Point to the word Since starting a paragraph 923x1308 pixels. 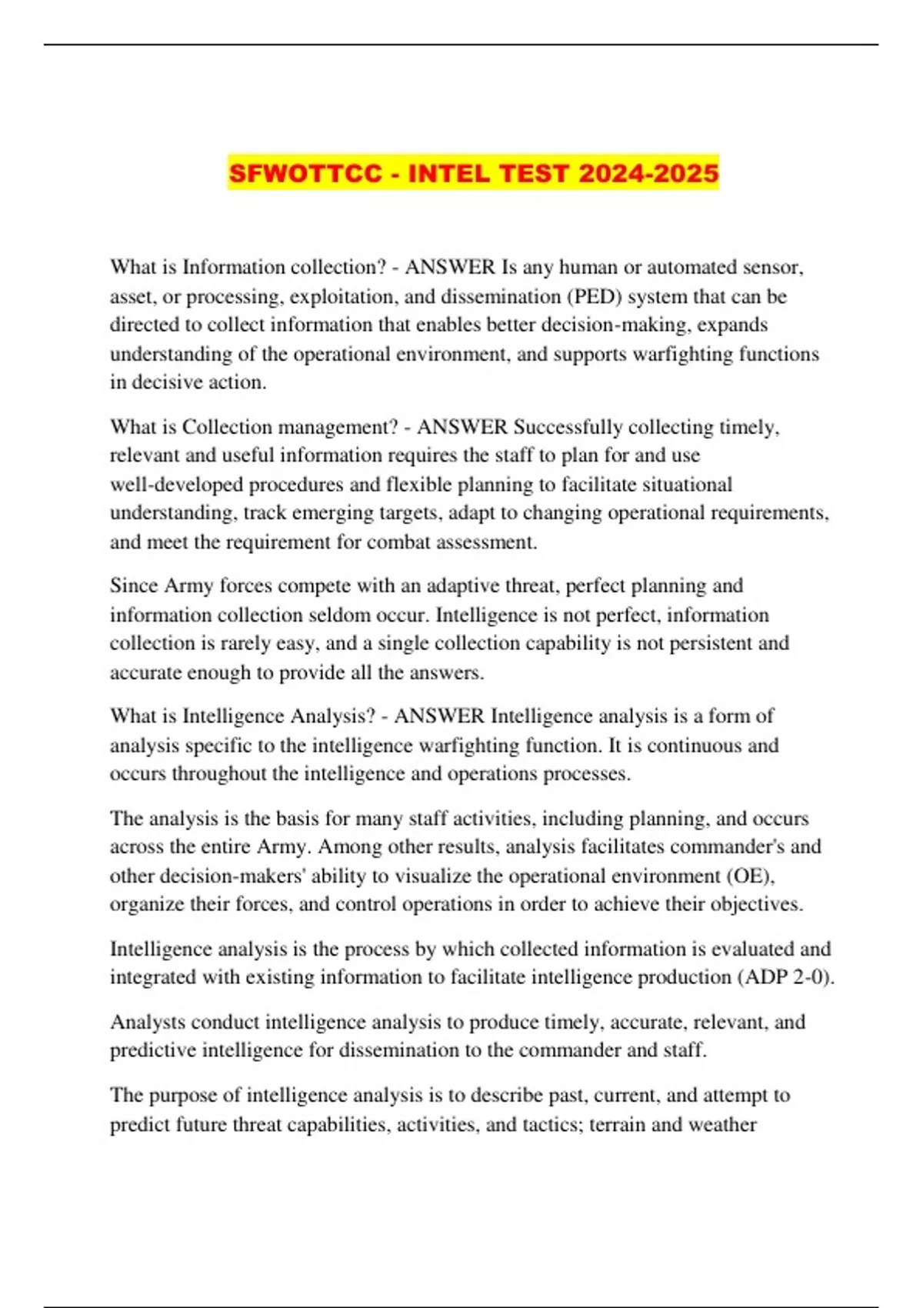(x=134, y=586)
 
